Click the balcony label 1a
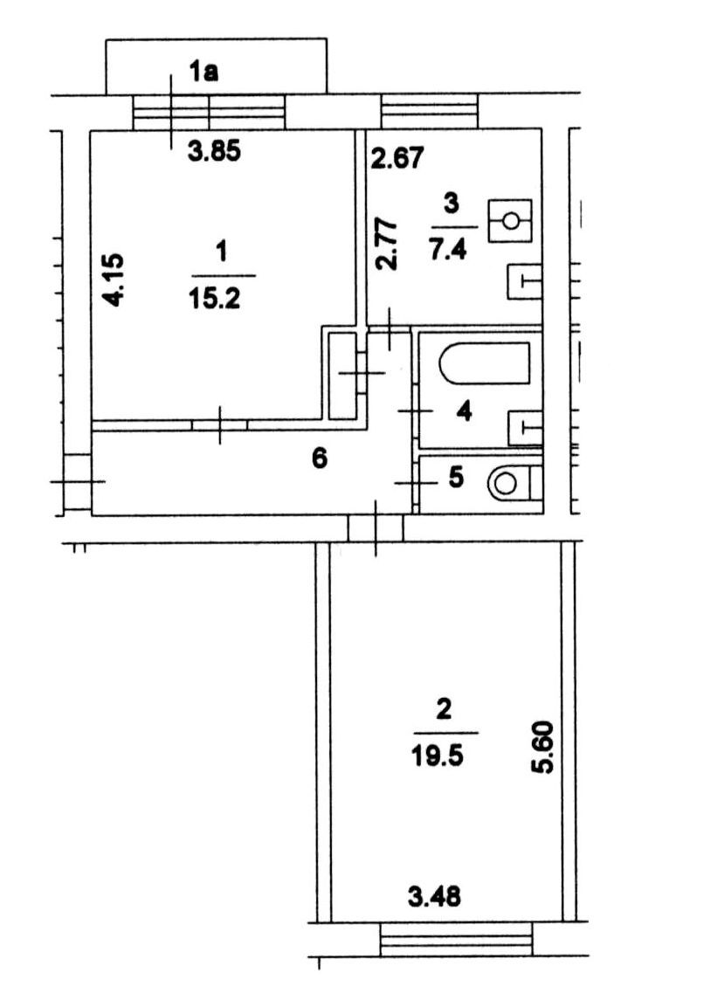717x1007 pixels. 203,72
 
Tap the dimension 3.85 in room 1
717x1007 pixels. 214,152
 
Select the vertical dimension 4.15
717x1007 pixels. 114,279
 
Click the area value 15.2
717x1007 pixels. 214,298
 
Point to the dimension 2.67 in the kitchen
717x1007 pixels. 398,158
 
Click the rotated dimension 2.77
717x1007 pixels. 387,245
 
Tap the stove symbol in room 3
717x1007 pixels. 510,221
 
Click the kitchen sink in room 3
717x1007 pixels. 524,281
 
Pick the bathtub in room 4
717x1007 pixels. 485,363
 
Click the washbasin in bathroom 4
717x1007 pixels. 525,428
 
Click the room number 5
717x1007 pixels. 456,478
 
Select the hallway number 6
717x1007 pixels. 319,459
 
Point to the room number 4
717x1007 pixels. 464,411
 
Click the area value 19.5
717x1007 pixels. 438,755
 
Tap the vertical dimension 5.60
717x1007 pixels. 544,748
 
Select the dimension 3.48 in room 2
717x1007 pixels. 435,896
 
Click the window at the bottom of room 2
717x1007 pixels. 457,940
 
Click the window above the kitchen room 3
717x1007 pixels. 430,111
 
